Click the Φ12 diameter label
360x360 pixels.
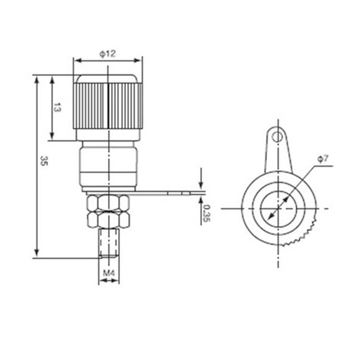[108, 54]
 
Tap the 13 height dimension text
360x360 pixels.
[57, 107]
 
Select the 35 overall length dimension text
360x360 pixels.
[44, 161]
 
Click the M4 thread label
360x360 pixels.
[108, 273]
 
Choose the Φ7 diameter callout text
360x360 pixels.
[323, 159]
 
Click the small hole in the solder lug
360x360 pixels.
[277, 137]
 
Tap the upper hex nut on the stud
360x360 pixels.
[108, 202]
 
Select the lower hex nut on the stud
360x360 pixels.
[108, 219]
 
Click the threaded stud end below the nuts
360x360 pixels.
[109, 243]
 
